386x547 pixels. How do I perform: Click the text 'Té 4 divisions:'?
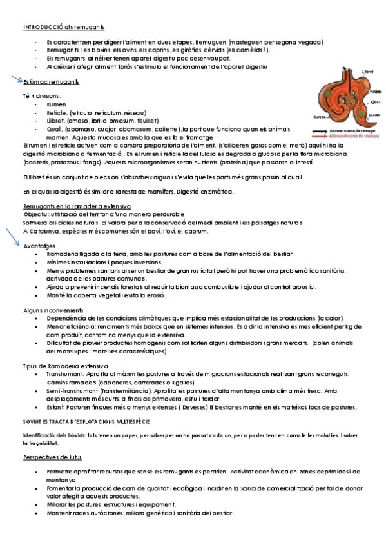[41, 95]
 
